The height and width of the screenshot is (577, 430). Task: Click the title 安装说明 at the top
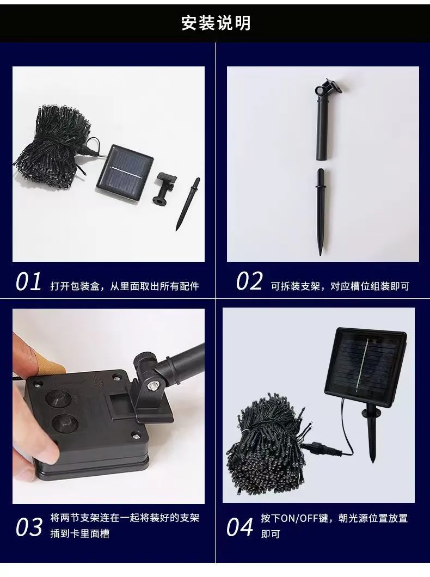[216, 23]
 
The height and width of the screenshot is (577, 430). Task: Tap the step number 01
[28, 283]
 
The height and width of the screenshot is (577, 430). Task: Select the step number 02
[249, 282]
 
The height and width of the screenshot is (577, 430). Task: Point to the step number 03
[29, 527]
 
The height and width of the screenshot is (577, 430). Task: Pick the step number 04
[239, 527]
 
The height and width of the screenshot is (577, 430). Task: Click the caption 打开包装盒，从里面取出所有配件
[124, 286]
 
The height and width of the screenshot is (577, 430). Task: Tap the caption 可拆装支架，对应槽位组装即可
[340, 286]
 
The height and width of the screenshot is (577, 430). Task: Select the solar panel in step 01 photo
[125, 173]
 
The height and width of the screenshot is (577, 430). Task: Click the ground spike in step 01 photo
[188, 204]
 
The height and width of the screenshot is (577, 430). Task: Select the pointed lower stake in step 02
[321, 212]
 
